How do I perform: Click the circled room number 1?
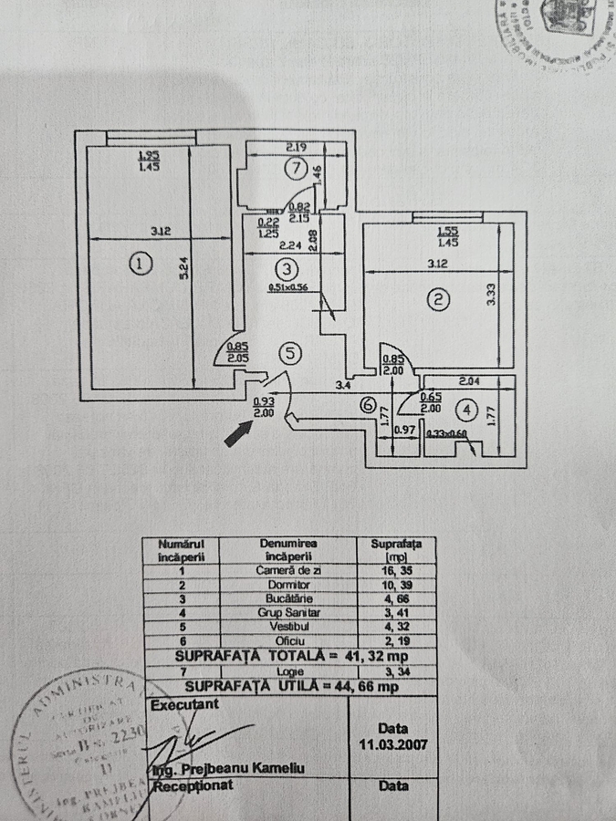pyautogui.click(x=139, y=265)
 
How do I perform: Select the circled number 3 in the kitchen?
pyautogui.click(x=287, y=269)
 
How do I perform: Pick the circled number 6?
pyautogui.click(x=369, y=408)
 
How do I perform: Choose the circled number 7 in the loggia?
pyautogui.click(x=292, y=168)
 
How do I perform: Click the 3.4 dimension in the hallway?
pyautogui.click(x=342, y=387)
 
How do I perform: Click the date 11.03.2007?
pyautogui.click(x=393, y=743)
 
